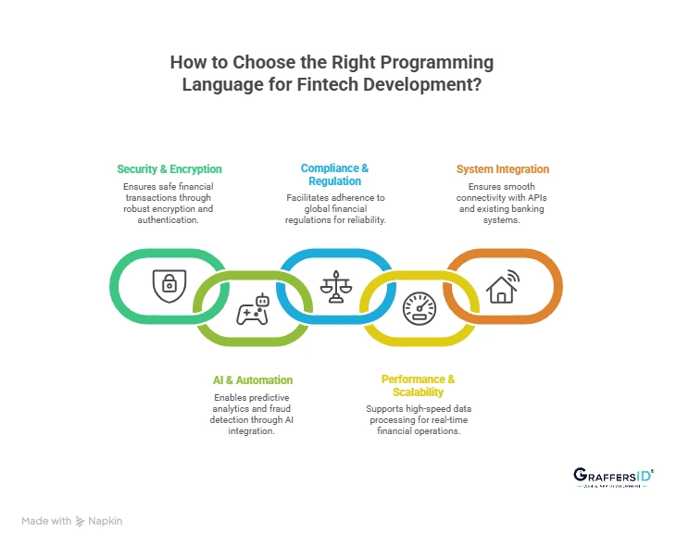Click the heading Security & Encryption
169,169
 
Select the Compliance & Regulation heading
334,174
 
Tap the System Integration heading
502,169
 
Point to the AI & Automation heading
252,379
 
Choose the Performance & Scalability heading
418,385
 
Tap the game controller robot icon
252,310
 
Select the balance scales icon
334,285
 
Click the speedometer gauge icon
419,308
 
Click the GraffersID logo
613,478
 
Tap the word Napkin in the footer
106,521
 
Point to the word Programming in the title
437,63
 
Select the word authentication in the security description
169,221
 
